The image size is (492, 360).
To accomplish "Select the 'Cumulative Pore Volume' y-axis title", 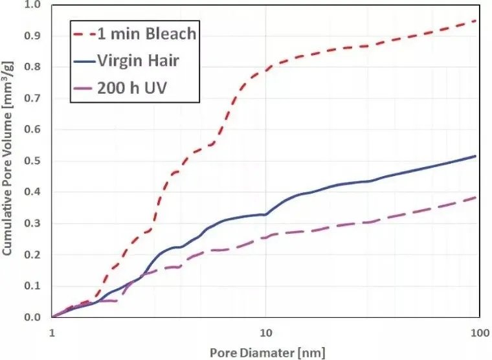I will click(9, 162).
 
